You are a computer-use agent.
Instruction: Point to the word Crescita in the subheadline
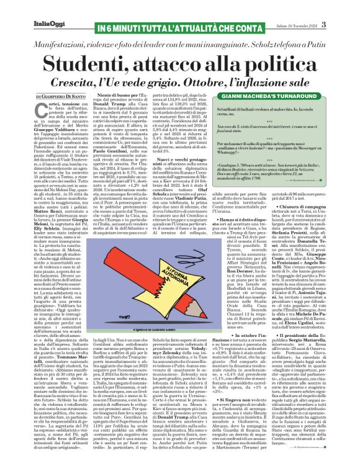click(99, 81)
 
